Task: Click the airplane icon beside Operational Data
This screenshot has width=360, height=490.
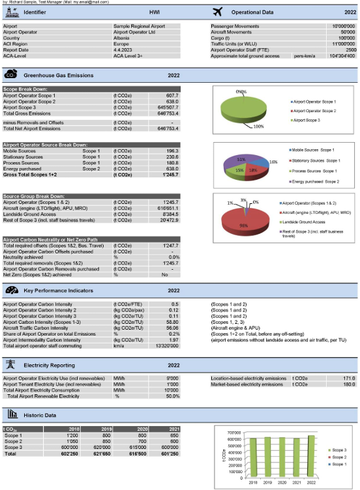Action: (218, 12)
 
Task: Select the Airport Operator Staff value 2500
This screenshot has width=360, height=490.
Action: (350, 50)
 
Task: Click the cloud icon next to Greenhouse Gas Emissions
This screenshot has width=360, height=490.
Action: (11, 76)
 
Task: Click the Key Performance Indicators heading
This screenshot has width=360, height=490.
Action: (59, 290)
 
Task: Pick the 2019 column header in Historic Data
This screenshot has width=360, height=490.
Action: (108, 428)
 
